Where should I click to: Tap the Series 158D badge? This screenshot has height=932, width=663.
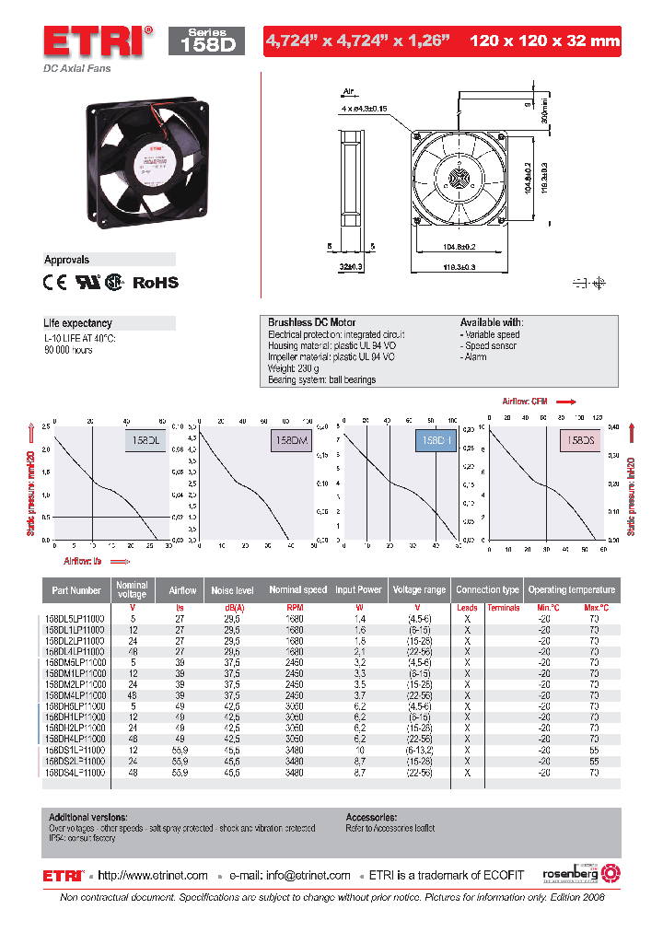click(x=206, y=41)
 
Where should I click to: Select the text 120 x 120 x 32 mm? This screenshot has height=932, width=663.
click(x=544, y=41)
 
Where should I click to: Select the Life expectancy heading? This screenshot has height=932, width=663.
click(x=78, y=323)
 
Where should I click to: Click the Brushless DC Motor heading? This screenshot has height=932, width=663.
click(x=306, y=322)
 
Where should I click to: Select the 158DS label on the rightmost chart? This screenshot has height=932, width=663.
click(x=580, y=441)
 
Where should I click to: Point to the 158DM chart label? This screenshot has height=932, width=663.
click(x=291, y=441)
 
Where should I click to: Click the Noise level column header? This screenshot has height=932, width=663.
click(x=232, y=590)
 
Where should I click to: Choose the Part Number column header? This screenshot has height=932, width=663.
click(x=76, y=590)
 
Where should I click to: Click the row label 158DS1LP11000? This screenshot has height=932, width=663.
click(x=75, y=750)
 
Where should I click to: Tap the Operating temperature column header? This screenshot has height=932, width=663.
click(x=571, y=590)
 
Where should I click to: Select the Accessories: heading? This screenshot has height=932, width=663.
click(x=371, y=817)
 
